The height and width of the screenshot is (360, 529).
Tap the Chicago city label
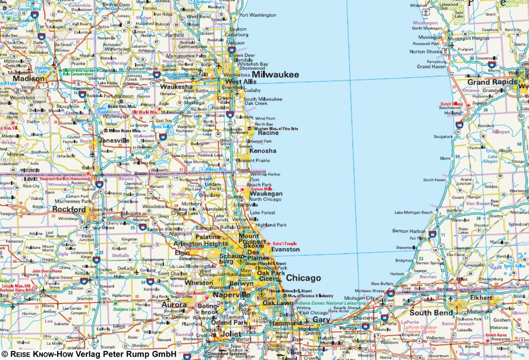coord(304,277)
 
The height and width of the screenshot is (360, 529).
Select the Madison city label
coord(29,78)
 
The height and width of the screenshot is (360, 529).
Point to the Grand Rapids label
coord(491,83)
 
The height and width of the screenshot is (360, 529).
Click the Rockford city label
coord(69,210)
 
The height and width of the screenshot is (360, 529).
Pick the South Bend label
coord(431,313)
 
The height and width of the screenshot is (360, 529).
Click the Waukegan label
coord(266,194)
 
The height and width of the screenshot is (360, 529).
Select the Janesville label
coord(114,140)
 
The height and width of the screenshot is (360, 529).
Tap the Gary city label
coord(321,320)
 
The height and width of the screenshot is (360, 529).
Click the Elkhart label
coord(480,298)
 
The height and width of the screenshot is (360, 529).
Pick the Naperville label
coord(232,295)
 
